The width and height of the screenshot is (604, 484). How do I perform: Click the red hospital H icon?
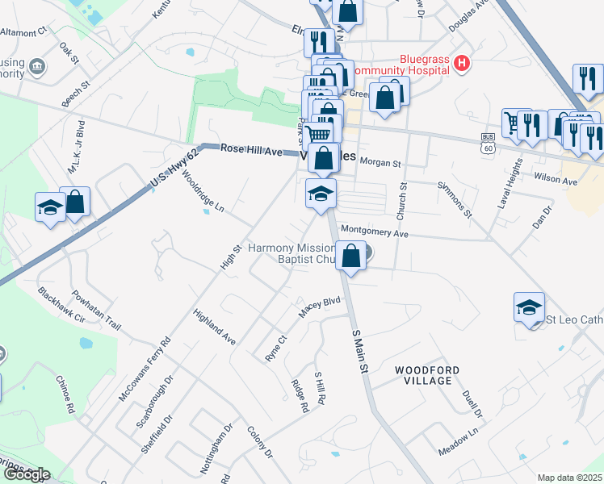tap(462, 63)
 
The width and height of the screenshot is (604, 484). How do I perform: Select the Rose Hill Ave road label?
tap(251, 151)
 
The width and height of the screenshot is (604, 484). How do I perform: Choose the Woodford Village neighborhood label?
tap(428, 375)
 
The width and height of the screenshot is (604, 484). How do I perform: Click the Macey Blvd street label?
tap(321, 308)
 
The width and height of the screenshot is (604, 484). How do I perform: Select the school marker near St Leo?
tap(530, 307)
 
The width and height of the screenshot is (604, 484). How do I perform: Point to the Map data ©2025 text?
tap(569, 478)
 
